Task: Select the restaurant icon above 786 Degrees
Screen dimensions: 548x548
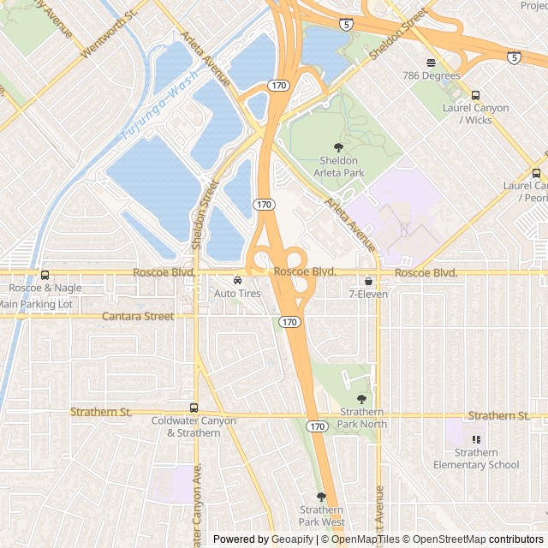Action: coord(431,62)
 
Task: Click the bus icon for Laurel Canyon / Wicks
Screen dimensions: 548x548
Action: coord(476,95)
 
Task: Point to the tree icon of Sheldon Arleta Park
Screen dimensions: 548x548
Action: coord(337,147)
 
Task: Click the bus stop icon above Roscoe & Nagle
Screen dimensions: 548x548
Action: coord(45,275)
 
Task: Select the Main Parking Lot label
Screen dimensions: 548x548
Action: coord(35,303)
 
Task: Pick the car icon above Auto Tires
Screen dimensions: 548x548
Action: coord(237,280)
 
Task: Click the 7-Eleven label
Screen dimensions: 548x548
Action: coord(368,294)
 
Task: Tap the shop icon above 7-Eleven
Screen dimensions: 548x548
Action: coord(368,280)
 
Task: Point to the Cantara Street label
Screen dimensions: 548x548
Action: coord(137,316)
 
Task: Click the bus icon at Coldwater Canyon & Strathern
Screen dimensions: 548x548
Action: coord(194,408)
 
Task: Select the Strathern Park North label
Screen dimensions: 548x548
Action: coord(361,418)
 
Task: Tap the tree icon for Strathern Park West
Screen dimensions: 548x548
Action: coord(322,497)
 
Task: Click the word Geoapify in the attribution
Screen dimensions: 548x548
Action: coord(291,539)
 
